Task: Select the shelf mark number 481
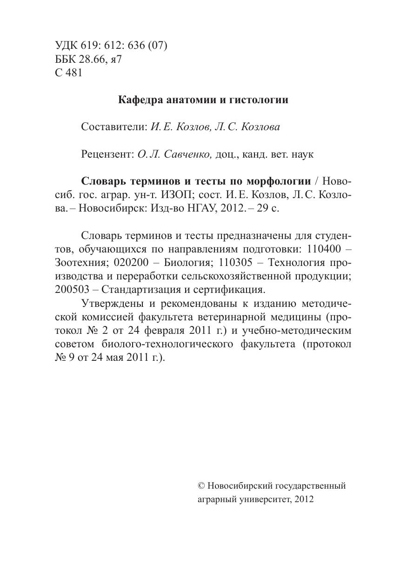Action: tap(73, 73)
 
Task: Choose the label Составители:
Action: tap(114, 127)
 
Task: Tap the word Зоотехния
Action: tap(81, 263)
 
